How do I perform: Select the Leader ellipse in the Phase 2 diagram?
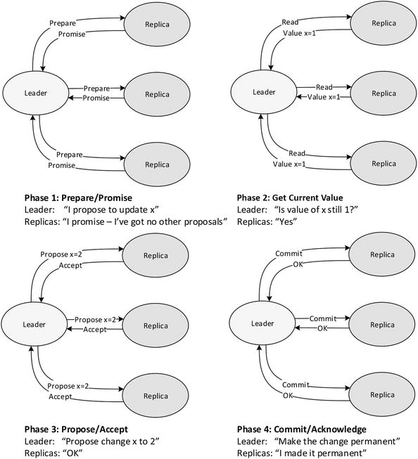pyautogui.click(x=264, y=92)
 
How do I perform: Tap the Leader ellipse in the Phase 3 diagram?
pyautogui.click(x=34, y=324)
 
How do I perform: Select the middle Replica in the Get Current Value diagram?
pyautogui.click(x=384, y=93)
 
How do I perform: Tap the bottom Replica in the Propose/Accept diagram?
pyautogui.click(x=156, y=394)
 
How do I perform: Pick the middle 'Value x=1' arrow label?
pyautogui.click(x=324, y=97)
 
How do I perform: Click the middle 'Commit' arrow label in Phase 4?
pyautogui.click(x=323, y=318)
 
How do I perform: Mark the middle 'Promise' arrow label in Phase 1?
pyautogui.click(x=96, y=98)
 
